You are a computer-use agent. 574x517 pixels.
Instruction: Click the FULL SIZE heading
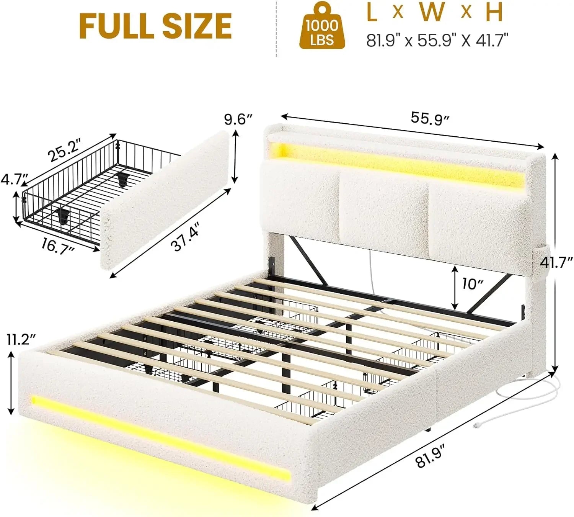click(155, 26)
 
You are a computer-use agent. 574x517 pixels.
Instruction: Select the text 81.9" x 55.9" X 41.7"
click(437, 40)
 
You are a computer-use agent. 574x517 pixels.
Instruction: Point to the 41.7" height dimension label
click(556, 262)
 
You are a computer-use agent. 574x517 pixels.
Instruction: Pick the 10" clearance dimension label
click(472, 284)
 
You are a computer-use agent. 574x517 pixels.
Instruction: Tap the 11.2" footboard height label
click(21, 339)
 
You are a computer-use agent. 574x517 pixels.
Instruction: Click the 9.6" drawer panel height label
click(238, 119)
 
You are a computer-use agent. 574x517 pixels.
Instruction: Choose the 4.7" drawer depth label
click(14, 179)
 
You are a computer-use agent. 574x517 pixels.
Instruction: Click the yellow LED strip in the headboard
click(398, 161)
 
